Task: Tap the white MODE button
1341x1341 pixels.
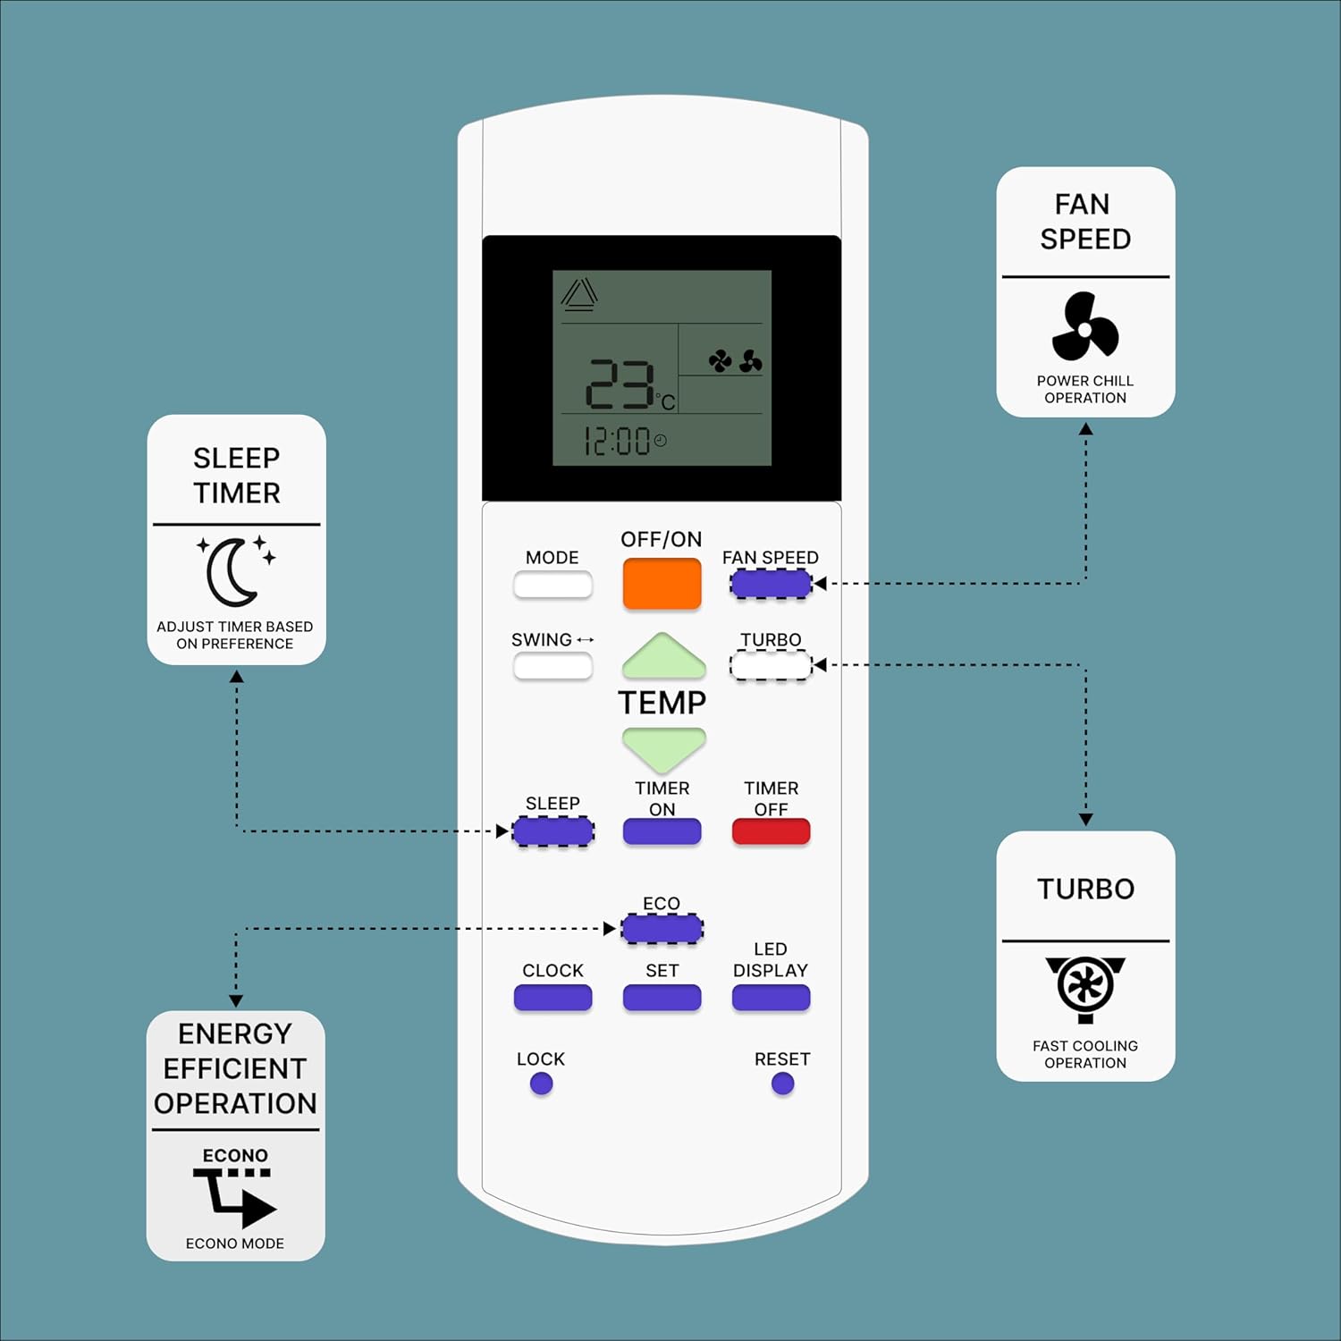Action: tap(552, 586)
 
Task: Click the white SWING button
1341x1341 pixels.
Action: tap(552, 666)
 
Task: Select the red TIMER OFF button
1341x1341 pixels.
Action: tap(771, 831)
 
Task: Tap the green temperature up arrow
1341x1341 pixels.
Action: tap(663, 658)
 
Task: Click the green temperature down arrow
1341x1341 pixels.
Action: tap(663, 747)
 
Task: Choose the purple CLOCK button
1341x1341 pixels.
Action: tap(552, 998)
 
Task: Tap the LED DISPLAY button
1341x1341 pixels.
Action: tap(771, 998)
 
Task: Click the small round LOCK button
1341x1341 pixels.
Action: tap(541, 1084)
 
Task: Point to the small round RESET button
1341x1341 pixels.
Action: tap(782, 1084)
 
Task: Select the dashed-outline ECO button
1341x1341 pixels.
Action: tap(662, 929)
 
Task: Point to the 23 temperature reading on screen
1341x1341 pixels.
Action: tap(619, 385)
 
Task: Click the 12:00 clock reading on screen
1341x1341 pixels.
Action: tap(617, 441)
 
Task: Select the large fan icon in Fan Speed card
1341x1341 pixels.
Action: tap(1084, 327)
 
